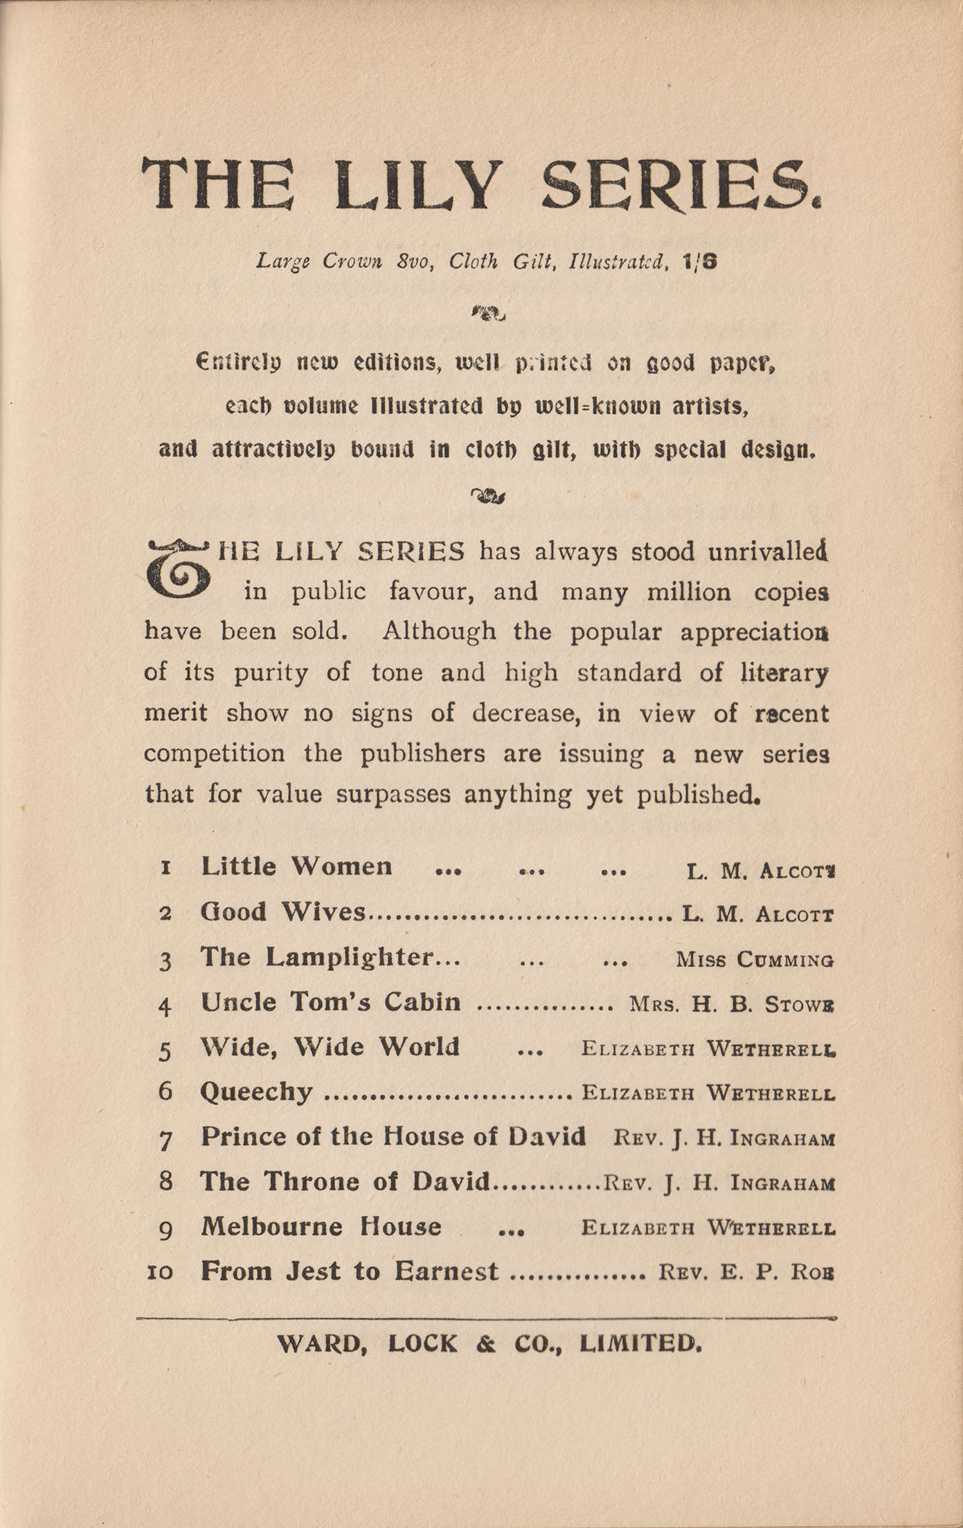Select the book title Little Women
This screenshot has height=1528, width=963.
coord(296,866)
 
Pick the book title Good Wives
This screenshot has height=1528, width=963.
coord(282,912)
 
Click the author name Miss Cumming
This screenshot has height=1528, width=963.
coord(755,960)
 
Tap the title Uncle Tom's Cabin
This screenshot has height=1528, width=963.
coord(330,1002)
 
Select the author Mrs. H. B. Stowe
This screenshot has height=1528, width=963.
coord(731,1005)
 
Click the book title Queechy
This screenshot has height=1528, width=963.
coord(256,1093)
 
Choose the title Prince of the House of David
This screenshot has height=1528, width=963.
coord(393,1137)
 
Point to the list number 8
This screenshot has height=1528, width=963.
coord(165,1181)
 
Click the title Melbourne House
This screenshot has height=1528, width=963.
coord(321,1226)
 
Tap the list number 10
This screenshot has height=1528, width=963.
coord(160,1272)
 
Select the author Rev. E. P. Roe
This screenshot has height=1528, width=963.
coord(746,1273)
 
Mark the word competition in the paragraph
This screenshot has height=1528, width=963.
coord(214,753)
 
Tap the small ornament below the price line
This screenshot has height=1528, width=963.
coord(488,314)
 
